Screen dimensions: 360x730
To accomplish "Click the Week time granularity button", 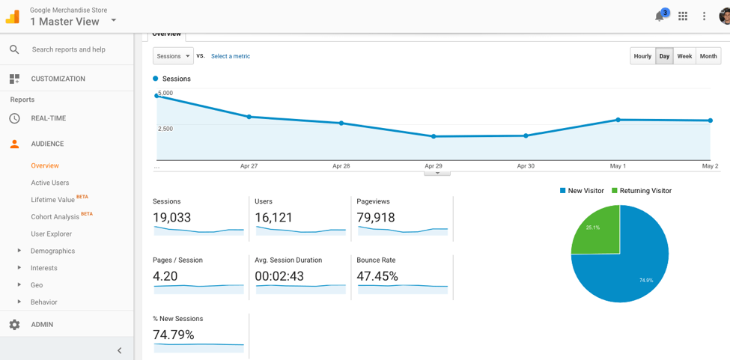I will [684, 56].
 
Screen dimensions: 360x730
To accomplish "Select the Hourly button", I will [642, 56].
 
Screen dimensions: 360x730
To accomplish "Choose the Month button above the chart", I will [708, 56].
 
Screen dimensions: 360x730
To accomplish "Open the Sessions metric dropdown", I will [173, 56].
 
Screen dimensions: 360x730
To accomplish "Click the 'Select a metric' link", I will [231, 56].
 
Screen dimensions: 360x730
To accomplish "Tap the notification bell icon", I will [660, 16].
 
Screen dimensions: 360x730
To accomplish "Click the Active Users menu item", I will [50, 183].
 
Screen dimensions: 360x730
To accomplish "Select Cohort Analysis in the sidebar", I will [55, 217].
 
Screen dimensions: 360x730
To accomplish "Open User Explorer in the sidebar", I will [52, 234].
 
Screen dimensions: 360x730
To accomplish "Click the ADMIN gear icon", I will [14, 325].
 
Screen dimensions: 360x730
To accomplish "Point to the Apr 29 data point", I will [434, 136].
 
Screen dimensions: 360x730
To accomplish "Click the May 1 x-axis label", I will [618, 166].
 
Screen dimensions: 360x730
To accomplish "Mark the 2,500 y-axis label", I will [165, 129].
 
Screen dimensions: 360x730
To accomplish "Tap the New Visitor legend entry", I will [582, 191].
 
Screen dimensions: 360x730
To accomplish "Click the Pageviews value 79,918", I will [376, 218].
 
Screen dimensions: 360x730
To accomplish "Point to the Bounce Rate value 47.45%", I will [377, 276].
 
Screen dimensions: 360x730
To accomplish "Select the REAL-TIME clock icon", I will [14, 118].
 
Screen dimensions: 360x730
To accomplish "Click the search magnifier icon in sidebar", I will [14, 49].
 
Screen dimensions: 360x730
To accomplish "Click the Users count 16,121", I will [274, 218].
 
